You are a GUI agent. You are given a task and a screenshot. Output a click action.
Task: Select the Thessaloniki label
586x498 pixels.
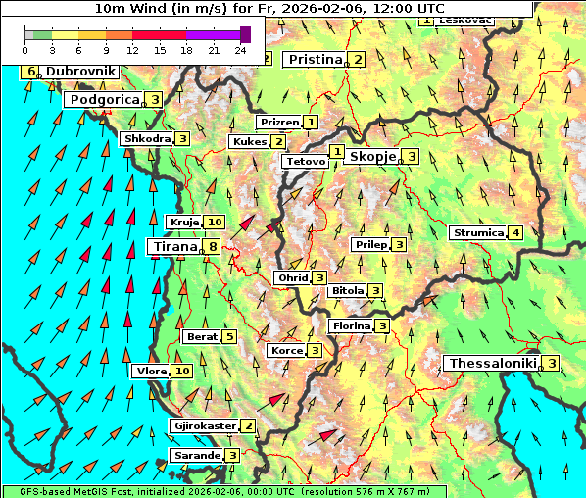click(x=493, y=364)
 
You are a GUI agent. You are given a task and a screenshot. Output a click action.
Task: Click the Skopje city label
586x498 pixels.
click(x=371, y=157)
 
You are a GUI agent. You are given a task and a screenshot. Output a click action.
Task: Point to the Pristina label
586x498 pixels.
click(x=315, y=60)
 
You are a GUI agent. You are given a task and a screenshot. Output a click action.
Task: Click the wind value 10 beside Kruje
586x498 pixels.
click(x=214, y=223)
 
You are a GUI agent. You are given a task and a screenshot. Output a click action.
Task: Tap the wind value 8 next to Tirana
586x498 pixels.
click(x=212, y=247)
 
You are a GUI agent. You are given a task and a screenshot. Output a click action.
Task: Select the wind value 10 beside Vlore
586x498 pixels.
click(x=182, y=372)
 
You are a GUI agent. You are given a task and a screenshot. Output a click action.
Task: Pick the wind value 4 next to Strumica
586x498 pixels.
click(x=515, y=233)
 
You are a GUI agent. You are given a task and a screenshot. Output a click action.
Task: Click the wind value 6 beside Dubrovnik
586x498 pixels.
click(x=31, y=72)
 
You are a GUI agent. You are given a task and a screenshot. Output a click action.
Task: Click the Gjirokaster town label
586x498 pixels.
click(x=204, y=426)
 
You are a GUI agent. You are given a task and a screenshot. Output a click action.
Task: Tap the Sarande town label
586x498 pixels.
click(x=195, y=456)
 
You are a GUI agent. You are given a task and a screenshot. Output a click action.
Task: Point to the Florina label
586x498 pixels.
click(x=351, y=325)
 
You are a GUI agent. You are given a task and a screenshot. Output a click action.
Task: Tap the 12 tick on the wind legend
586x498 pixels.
click(x=132, y=49)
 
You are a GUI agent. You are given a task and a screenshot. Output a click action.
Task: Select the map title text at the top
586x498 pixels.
click(x=268, y=8)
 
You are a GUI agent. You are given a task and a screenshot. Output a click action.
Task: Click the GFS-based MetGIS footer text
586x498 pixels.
click(x=222, y=491)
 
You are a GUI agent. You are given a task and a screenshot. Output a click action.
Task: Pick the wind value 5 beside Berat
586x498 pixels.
click(x=228, y=337)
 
